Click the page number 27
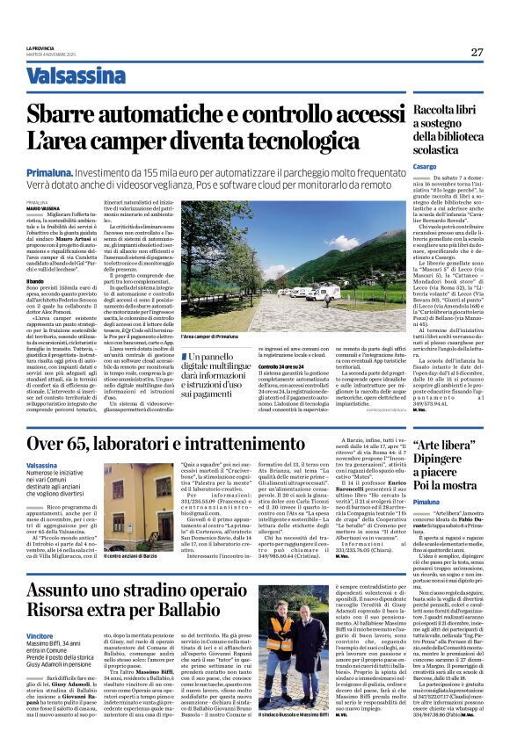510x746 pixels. click(x=477, y=52)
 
